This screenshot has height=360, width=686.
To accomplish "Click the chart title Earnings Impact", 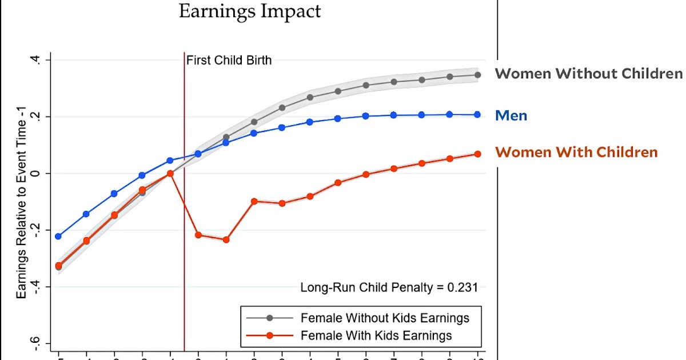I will (x=250, y=11).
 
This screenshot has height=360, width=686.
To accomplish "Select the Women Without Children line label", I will (x=588, y=74).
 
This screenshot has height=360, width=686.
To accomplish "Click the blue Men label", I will (x=511, y=116).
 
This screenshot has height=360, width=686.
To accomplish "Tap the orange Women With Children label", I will (x=576, y=153).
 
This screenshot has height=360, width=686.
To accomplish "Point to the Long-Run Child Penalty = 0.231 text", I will (x=389, y=287).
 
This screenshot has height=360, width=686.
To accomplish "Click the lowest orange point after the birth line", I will (x=226, y=239).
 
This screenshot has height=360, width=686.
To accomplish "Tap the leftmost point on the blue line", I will (x=58, y=236).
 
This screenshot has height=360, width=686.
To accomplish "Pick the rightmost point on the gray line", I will (x=477, y=75).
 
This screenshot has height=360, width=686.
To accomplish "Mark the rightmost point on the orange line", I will (x=477, y=154).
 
